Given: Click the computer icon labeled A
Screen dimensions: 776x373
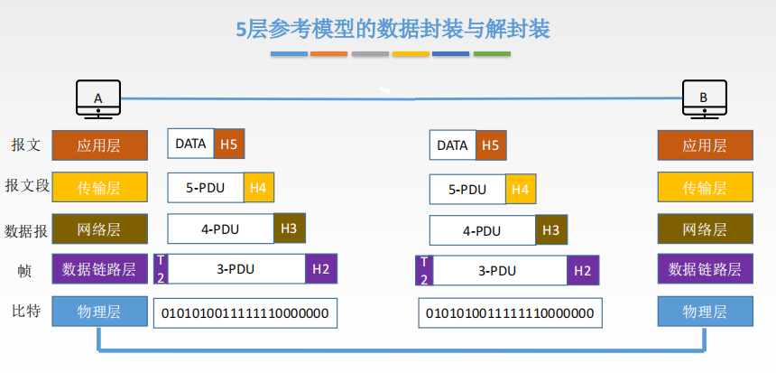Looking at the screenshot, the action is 98,99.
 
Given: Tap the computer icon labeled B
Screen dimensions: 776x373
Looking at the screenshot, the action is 704,99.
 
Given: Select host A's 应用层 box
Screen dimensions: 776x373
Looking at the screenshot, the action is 99,145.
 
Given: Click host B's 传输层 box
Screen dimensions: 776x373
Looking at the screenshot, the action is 706,187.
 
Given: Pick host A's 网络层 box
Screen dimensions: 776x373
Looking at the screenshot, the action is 99,228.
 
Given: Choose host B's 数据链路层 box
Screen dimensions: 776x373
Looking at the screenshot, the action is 706,269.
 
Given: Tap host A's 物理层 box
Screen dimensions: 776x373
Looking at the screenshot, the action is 99,311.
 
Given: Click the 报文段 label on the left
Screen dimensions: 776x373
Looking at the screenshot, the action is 27,186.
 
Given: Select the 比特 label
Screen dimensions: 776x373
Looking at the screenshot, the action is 26,312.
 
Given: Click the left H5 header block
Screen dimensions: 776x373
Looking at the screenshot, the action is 229,144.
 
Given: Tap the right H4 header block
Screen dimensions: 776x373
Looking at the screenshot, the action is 521,190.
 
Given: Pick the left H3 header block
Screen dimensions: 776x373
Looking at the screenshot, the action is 290,228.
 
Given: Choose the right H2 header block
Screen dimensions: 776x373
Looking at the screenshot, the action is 583,270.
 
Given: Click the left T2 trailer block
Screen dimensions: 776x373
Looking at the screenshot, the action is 161,269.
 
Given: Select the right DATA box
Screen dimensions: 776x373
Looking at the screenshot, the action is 453,145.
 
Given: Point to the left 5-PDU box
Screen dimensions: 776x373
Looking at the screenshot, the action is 206,188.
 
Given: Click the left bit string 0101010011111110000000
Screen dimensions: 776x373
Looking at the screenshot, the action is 245,313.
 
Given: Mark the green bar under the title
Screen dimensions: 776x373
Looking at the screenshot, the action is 492,53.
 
